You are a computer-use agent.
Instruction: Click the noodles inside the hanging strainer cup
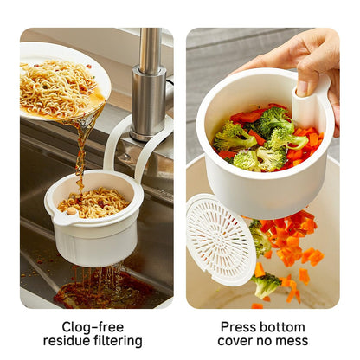coord(92,202)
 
